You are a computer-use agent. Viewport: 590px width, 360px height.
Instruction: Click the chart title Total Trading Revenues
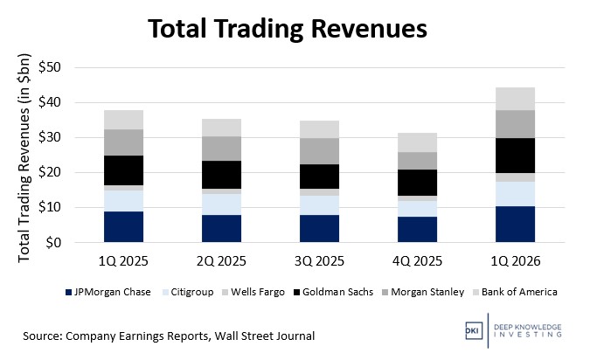coord(287,28)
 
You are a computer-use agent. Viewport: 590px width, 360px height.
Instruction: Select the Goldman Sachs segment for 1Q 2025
coord(123,170)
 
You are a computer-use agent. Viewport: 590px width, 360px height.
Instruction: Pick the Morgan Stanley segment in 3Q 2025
coord(321,151)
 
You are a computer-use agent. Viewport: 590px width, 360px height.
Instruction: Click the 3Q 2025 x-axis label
coord(321,260)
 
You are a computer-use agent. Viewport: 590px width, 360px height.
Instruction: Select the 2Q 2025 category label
coord(222,260)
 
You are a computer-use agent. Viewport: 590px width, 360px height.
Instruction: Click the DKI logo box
coord(472,334)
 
